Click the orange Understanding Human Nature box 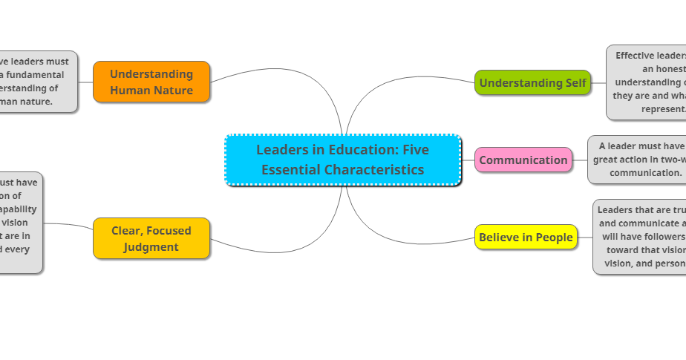151,82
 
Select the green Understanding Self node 532,82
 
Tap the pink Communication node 523,160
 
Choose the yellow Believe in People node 526,238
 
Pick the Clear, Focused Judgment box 151,238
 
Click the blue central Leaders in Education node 343,160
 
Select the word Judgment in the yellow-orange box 151,247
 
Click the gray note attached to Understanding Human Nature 37,82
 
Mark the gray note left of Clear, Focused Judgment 20,223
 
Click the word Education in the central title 356,150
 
